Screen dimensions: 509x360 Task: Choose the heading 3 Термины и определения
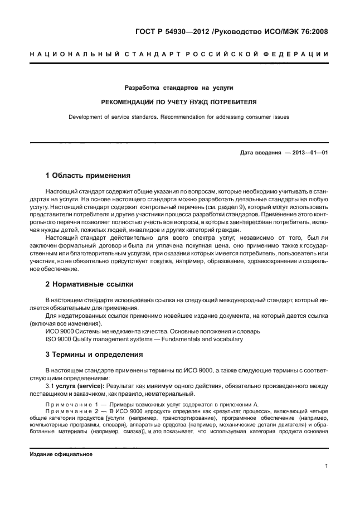pyautogui.click(x=95, y=355)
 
